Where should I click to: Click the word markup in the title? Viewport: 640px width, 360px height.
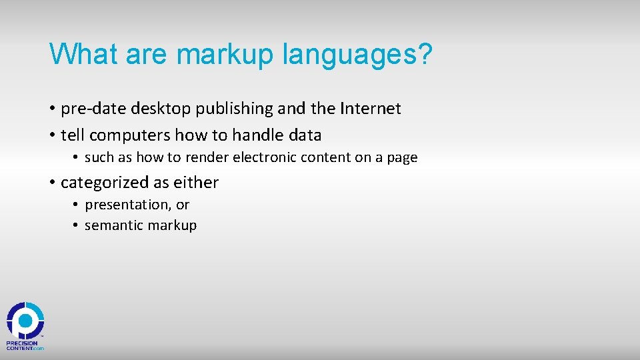pos(225,54)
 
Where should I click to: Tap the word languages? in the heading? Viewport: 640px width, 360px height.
pos(357,54)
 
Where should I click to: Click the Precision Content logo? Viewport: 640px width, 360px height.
pos(25,325)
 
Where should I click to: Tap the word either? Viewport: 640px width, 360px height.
pos(197,183)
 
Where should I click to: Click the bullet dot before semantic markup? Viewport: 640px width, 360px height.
pos(77,226)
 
